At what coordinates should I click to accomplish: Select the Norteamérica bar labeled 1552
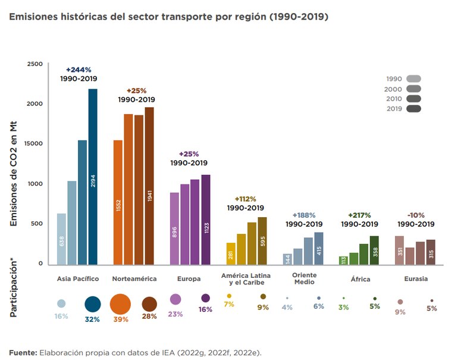point(118,202)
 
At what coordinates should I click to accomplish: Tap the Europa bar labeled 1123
point(206,220)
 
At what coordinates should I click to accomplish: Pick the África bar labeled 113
point(343,260)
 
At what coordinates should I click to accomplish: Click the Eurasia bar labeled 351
point(399,250)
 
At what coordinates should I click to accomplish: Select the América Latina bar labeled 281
point(231,253)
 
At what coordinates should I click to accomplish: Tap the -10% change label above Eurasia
point(415,215)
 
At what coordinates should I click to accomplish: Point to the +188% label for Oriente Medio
point(303,215)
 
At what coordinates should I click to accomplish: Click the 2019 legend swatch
point(413,108)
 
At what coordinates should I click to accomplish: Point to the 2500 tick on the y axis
point(35,64)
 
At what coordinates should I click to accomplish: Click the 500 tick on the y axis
point(37,224)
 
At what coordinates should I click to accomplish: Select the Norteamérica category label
point(134,278)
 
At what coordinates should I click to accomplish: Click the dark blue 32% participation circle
point(93,303)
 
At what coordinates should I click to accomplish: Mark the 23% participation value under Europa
point(175,314)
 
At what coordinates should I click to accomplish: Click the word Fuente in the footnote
point(23,352)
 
